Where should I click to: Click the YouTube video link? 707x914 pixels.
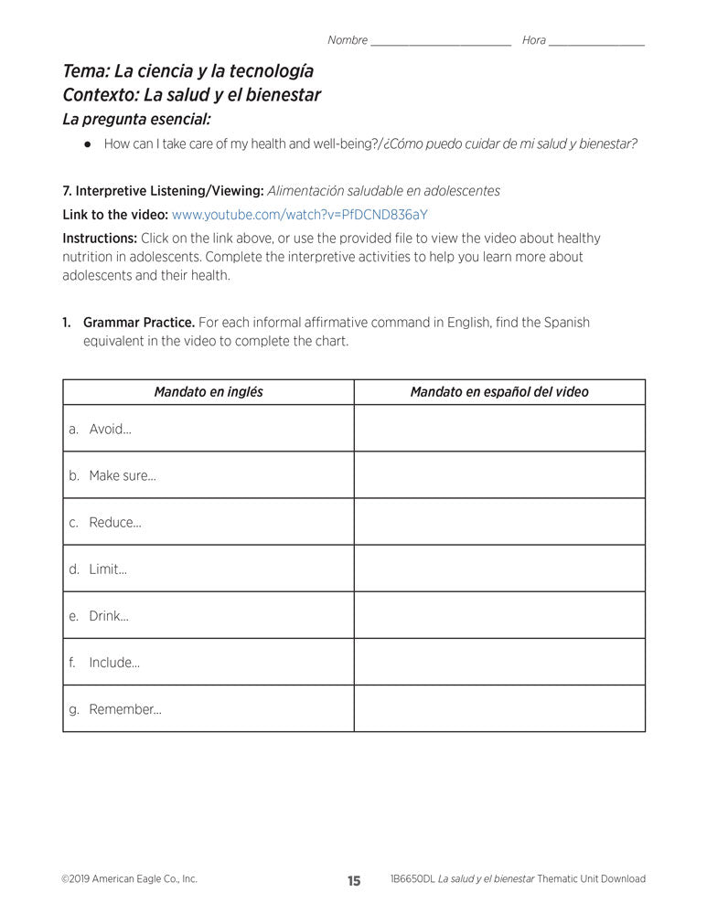[x=299, y=215]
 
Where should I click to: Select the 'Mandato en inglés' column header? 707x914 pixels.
[x=209, y=392]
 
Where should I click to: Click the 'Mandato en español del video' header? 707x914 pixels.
[x=499, y=392]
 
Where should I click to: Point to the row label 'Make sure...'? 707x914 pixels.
[x=122, y=475]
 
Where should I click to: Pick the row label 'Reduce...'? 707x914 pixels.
[x=114, y=522]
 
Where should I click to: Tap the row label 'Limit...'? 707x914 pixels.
[x=108, y=569]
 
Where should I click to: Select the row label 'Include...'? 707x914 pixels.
[x=113, y=663]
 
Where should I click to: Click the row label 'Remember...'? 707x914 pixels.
[x=124, y=709]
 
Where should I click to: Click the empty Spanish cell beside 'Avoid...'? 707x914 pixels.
[x=499, y=429]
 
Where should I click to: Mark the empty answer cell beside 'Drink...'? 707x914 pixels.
[x=499, y=616]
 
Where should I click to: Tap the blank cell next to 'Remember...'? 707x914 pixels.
[x=499, y=709]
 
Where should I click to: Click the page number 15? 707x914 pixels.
[x=354, y=881]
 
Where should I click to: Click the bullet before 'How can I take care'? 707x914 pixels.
[x=87, y=144]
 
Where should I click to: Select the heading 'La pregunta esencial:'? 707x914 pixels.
[x=136, y=119]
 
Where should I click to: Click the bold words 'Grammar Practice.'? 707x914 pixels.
[x=138, y=323]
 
